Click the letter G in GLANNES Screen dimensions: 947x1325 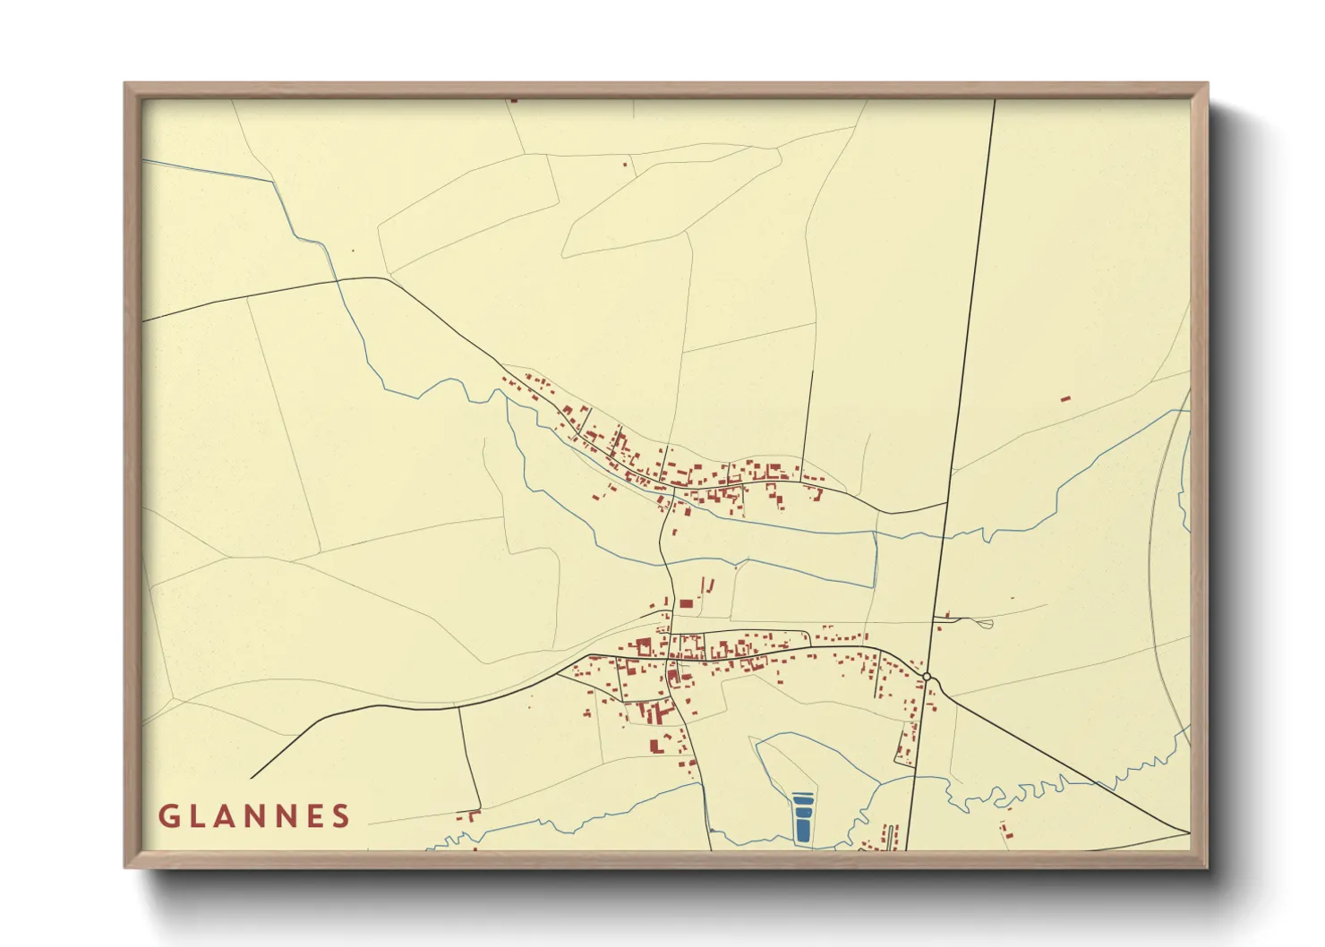coord(167,815)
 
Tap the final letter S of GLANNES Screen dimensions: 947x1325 coord(341,815)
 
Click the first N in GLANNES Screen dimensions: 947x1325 coord(254,815)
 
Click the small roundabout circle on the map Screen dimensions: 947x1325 coord(927,676)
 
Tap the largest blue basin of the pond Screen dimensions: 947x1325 coord(803,828)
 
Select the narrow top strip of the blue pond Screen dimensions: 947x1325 coord(803,796)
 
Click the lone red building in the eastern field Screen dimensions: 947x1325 coord(1065,397)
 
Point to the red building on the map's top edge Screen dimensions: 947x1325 coord(513,101)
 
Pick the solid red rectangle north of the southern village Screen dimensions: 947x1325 coord(686,603)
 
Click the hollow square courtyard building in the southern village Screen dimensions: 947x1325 coord(643,646)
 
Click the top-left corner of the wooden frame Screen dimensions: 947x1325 coord(125,84)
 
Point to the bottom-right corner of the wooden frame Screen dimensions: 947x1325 coord(1206,866)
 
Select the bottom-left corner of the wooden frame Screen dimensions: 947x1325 coord(125,866)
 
